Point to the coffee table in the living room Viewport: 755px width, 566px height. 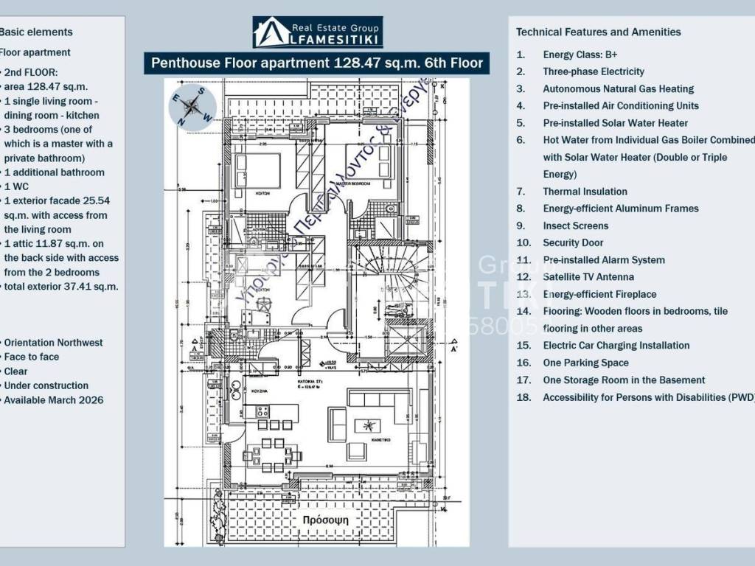(x=366, y=426)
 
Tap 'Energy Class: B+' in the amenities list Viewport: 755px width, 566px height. (x=580, y=55)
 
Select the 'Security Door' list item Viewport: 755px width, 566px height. (x=573, y=242)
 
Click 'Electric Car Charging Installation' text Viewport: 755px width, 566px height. (x=616, y=345)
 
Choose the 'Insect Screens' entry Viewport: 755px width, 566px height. (x=576, y=226)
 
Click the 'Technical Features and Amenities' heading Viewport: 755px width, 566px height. (x=598, y=32)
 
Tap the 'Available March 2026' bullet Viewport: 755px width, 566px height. (x=54, y=399)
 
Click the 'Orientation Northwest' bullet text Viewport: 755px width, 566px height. (x=53, y=343)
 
